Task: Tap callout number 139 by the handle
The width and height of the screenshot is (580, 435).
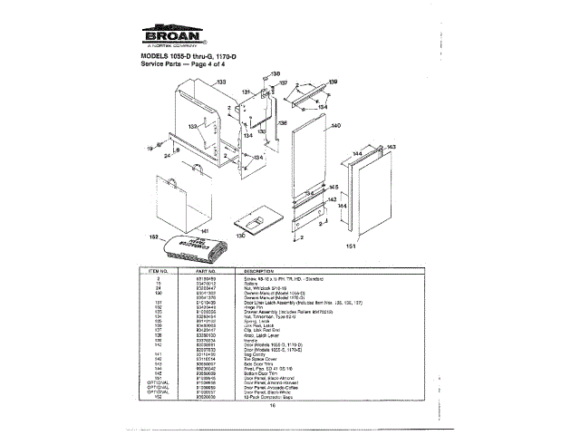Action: point(333,82)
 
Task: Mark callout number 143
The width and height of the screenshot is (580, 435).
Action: point(391,146)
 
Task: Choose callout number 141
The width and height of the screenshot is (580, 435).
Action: point(205,232)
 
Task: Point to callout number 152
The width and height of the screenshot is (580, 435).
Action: point(152,237)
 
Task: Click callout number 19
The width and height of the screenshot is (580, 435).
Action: point(150,146)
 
